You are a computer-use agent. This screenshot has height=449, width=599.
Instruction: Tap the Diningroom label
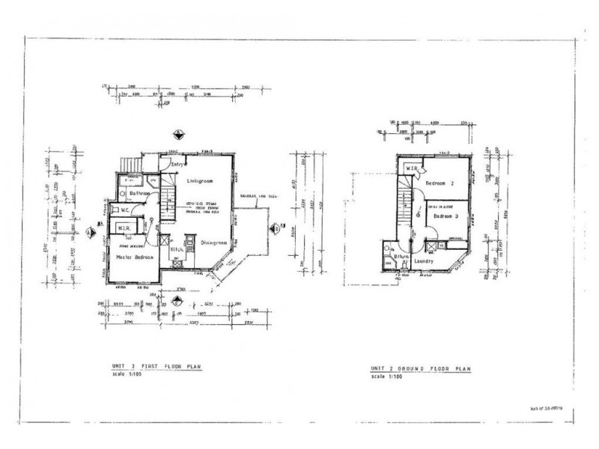219,242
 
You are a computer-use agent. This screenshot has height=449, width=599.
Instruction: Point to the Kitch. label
176,248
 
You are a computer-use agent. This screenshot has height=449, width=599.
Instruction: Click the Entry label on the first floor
179,164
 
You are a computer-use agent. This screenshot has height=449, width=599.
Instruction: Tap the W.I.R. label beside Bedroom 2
413,169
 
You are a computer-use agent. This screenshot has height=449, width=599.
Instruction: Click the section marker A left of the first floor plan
91,232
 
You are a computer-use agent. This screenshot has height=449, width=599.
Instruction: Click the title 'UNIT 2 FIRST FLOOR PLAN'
155,367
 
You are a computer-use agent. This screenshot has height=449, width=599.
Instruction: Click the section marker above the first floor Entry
177,135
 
